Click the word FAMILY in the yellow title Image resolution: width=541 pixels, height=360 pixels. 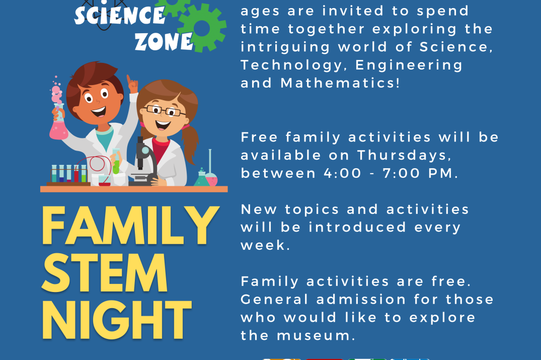pyautogui.click(x=130, y=226)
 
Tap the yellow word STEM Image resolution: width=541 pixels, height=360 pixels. pyautogui.click(x=105, y=273)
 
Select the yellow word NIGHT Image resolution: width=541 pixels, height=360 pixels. pyautogui.click(x=117, y=320)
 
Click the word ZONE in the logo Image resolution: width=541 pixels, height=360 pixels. pyautogui.click(x=164, y=41)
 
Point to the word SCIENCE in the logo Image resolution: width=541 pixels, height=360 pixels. pyautogui.click(x=120, y=15)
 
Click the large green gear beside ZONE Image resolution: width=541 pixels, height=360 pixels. pyautogui.click(x=202, y=28)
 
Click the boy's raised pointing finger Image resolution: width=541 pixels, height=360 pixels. pyautogui.click(x=129, y=81)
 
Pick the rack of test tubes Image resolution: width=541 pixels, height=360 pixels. pyautogui.click(x=68, y=174)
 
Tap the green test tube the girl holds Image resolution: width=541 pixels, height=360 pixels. pyautogui.click(x=116, y=162)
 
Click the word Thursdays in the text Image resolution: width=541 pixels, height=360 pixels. pyautogui.click(x=404, y=155)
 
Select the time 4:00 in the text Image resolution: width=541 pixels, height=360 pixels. pyautogui.click(x=342, y=173)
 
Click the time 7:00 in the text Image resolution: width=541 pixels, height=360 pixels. pyautogui.click(x=401, y=173)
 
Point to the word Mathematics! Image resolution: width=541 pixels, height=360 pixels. pyautogui.click(x=340, y=83)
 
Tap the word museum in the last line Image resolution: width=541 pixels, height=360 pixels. pyautogui.click(x=316, y=335)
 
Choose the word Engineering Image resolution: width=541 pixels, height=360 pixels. pyautogui.click(x=409, y=65)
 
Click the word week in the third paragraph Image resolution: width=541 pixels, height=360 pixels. pyautogui.click(x=264, y=245)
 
